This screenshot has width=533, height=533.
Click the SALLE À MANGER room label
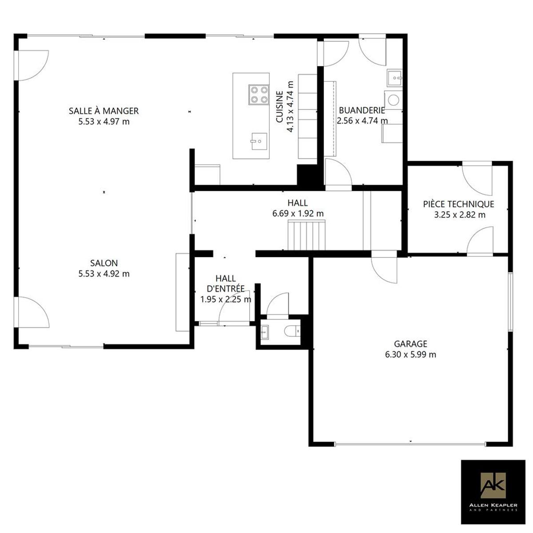coord(104,111)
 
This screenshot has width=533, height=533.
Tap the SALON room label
coord(104,263)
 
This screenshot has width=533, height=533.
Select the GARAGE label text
coord(410,344)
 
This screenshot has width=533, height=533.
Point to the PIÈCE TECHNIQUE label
coord(458,204)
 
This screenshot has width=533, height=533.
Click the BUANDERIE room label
coord(362,110)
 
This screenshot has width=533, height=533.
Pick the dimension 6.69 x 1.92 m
coord(298,214)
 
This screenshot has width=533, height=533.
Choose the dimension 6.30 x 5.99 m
coord(410,354)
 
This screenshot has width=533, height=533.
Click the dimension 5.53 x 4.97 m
coord(104,122)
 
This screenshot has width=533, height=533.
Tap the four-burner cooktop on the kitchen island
coord(259,95)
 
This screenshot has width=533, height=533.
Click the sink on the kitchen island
coord(259,141)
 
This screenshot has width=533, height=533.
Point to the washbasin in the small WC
coord(265,332)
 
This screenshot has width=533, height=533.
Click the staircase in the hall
coord(306,235)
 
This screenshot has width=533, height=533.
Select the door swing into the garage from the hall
coord(383,267)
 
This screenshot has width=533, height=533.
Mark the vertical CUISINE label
coord(280,107)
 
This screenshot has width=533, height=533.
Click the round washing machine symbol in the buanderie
coord(394,100)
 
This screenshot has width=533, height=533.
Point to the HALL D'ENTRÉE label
coord(226,283)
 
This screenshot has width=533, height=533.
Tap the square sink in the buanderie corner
coord(394,78)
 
